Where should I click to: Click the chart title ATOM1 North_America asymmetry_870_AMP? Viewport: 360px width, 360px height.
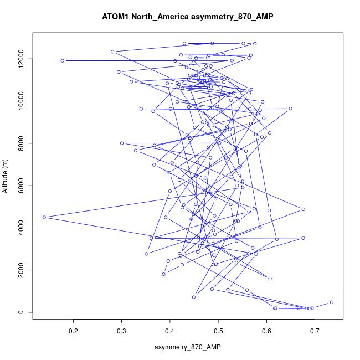click(x=188, y=17)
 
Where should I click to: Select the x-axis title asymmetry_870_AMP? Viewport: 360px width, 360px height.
click(x=188, y=347)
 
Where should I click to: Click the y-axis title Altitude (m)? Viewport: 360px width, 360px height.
click(x=6, y=176)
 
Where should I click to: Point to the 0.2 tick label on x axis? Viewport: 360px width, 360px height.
click(x=73, y=332)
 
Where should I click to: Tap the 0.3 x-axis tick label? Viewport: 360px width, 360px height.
click(x=121, y=332)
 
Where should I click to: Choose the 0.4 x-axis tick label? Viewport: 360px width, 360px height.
click(x=170, y=332)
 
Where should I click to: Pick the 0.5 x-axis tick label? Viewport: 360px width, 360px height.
click(x=218, y=332)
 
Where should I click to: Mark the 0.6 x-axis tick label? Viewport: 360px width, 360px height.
click(x=267, y=332)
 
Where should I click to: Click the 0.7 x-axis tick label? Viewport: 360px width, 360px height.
click(x=315, y=332)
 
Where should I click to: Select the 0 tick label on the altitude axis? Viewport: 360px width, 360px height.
click(x=20, y=312)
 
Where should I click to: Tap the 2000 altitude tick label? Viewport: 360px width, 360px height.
click(x=20, y=270)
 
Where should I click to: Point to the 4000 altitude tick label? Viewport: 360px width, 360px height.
click(x=20, y=228)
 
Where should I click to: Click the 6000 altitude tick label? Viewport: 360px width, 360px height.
click(x=20, y=186)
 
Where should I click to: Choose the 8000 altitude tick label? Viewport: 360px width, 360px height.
click(x=20, y=143)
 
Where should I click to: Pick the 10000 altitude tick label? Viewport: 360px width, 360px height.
click(x=20, y=101)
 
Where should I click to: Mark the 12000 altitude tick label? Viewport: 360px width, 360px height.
click(x=20, y=59)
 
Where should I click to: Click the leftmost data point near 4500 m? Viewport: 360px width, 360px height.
click(x=44, y=217)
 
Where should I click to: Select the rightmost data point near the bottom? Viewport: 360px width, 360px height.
click(x=331, y=302)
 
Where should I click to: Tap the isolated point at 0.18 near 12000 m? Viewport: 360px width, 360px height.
click(x=63, y=61)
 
